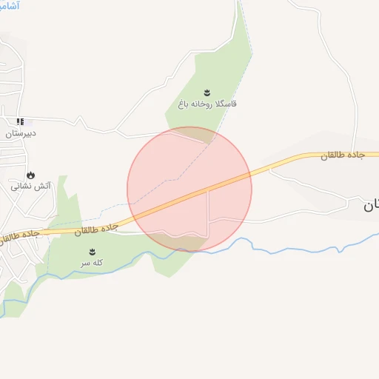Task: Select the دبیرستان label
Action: pos(20,134)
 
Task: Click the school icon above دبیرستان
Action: pos(21,121)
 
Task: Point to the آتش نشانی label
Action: pos(30,187)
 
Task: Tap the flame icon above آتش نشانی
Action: pos(30,175)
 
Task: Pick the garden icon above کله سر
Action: pos(93,252)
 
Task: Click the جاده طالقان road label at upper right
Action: pos(349,156)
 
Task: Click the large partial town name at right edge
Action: pos(370,207)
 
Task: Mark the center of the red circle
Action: pos(189,189)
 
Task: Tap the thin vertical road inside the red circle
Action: pos(208,211)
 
